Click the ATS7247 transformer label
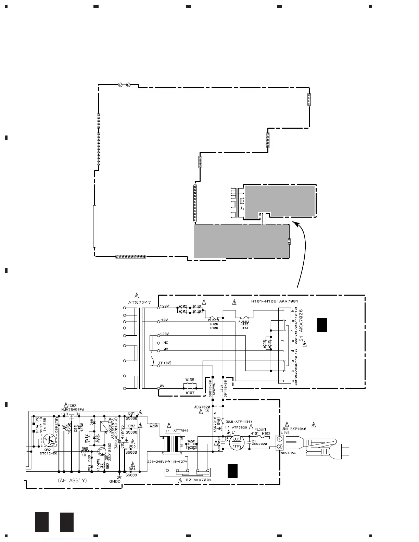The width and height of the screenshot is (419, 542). pos(137,302)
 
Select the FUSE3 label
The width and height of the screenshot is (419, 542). pos(214,321)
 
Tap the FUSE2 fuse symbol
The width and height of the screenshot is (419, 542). pos(243,318)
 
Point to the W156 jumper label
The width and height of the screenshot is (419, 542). pos(190,380)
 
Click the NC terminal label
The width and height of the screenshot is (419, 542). pos(166,343)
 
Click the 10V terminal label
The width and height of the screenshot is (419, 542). pos(165,320)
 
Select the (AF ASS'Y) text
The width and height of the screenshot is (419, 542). pos(72,480)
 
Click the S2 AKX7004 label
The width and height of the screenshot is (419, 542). pos(199,480)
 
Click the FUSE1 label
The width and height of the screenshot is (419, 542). pos(260,429)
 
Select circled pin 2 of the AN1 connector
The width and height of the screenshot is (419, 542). pos(280,447)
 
